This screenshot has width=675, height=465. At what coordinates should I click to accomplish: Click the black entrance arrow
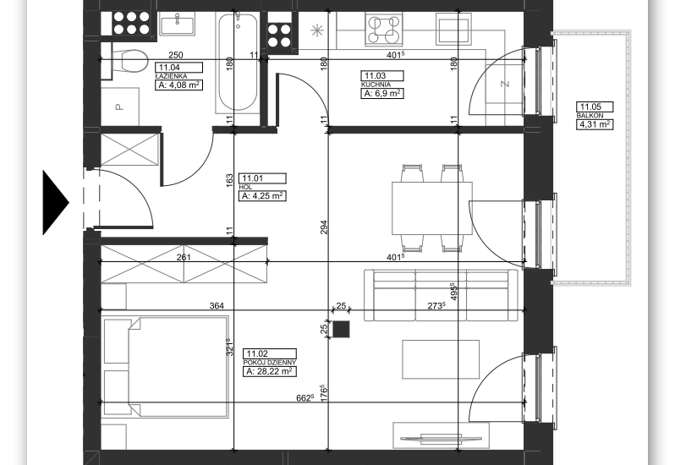click(x=55, y=203)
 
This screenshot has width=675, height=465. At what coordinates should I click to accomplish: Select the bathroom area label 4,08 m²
click(x=178, y=85)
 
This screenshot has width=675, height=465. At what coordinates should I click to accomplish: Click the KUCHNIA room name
click(x=376, y=85)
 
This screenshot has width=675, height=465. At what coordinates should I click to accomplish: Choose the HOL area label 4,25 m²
click(x=262, y=195)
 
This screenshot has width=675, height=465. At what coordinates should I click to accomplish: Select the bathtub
click(x=238, y=63)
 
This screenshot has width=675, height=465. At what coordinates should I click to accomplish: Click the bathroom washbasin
click(x=177, y=24)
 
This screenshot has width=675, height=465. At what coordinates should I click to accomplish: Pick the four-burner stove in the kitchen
click(x=384, y=29)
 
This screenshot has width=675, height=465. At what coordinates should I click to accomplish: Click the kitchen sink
click(x=453, y=29)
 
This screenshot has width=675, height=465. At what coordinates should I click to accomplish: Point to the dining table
click(x=431, y=208)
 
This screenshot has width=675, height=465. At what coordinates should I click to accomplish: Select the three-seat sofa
click(x=442, y=295)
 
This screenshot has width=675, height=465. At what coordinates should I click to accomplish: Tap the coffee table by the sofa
click(x=441, y=359)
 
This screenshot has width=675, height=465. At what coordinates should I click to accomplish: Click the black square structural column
click(x=341, y=330)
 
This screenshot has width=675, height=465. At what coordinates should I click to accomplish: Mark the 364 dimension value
click(x=217, y=306)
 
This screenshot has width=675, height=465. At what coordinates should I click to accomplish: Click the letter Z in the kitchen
click(x=505, y=84)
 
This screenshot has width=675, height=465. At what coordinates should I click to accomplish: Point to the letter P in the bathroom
click(x=119, y=107)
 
